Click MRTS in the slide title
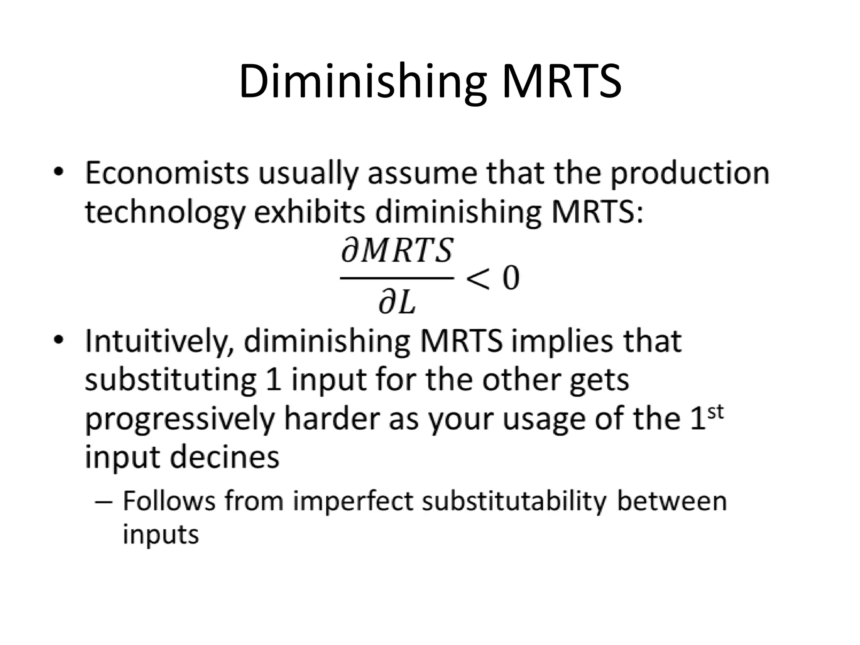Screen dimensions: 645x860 pyautogui.click(x=561, y=81)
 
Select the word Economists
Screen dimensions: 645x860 pyautogui.click(x=167, y=173)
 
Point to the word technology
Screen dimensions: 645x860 pyautogui.click(x=165, y=213)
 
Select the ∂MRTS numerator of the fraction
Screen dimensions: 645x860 pyautogui.click(x=397, y=251)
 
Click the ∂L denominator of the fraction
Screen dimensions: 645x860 pyautogui.click(x=397, y=304)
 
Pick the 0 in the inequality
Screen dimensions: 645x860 pyautogui.click(x=511, y=278)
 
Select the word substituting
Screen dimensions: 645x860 pyautogui.click(x=170, y=380)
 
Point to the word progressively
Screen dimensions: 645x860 pyautogui.click(x=180, y=420)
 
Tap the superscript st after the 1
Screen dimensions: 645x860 pyautogui.click(x=716, y=412)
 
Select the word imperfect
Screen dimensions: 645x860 pyautogui.click(x=353, y=501)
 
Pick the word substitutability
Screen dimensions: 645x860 pyautogui.click(x=514, y=501)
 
